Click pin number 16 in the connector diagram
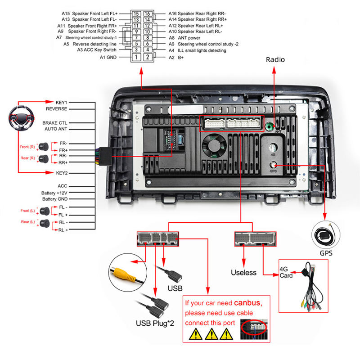147,13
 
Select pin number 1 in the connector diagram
136,57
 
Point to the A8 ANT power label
184,38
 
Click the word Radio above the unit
275,59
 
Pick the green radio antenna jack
270,126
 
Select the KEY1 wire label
61,103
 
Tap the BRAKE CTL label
55,122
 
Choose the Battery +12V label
54,193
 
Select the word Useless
243,272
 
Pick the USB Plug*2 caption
154,323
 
